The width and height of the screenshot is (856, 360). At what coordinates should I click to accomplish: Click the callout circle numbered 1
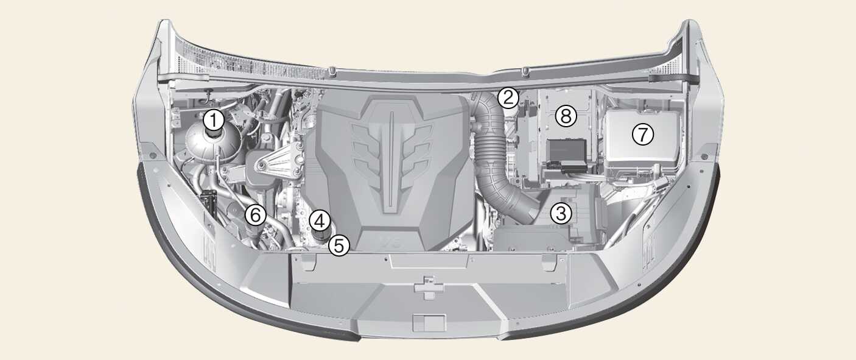(x=214, y=121)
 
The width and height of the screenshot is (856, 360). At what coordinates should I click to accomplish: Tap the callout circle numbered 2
(x=508, y=98)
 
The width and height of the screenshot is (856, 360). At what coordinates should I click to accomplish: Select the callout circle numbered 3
(x=561, y=213)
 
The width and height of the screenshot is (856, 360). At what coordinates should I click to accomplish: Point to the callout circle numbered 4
(x=320, y=221)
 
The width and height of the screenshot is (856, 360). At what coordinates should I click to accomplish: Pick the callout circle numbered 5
(x=339, y=245)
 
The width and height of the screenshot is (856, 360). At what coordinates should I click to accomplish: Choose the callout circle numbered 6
(x=255, y=215)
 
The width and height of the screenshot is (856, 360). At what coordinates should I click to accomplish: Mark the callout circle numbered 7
(x=643, y=135)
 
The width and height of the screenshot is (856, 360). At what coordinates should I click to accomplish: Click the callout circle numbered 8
(x=566, y=116)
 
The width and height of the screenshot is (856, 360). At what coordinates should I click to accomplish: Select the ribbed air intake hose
(x=497, y=157)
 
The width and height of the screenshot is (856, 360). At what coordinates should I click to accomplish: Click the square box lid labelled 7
(x=642, y=141)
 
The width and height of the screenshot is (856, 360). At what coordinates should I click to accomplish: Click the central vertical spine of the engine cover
(x=391, y=161)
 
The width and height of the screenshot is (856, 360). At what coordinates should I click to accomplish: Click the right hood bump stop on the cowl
(x=526, y=71)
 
